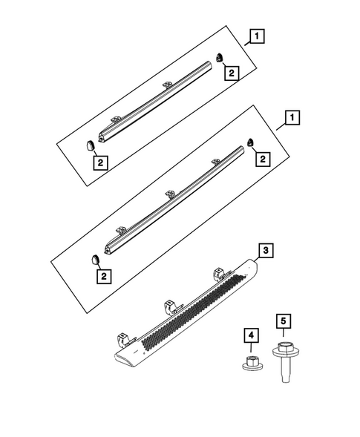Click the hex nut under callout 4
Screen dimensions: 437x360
251,363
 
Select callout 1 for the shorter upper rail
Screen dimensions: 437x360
256,35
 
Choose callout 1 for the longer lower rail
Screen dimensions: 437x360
294,118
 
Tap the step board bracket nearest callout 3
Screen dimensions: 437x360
220,275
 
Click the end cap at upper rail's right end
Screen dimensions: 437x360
220,56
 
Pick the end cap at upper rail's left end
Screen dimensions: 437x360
87,142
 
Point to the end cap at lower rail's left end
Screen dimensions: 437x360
96,257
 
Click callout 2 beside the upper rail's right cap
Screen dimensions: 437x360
232,73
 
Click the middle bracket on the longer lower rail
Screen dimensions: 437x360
170,194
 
